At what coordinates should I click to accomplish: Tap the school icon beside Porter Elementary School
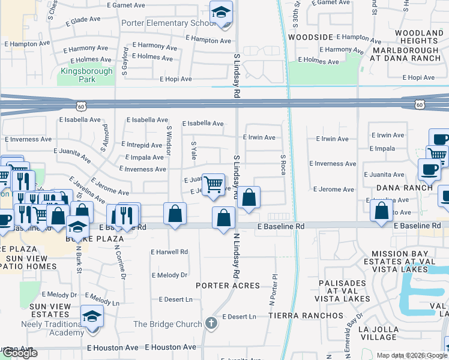[x=221, y=13]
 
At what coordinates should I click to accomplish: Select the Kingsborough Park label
[x=86, y=75]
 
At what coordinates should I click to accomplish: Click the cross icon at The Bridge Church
[x=211, y=323]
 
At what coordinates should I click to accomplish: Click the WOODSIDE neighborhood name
[x=310, y=37]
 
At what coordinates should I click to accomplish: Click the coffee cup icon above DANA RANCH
[x=429, y=169]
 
